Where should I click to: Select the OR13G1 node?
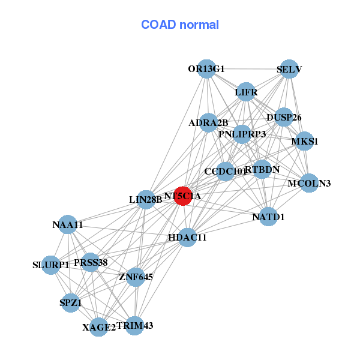coord(206,68)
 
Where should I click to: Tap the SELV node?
coord(289,69)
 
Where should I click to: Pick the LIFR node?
coord(245,92)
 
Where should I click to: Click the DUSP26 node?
coord(283,116)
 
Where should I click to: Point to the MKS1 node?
coord(304,142)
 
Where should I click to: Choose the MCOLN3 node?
coord(308,182)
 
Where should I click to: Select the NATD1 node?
coord(268,216)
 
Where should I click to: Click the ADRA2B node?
coord(209,123)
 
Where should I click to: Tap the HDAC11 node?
coord(187,237)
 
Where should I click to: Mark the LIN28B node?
coord(146,199)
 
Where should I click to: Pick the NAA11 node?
coord(68,225)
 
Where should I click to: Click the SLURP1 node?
coord(51,265)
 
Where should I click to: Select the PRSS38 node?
coord(90,262)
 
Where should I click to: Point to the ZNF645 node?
coord(136,277)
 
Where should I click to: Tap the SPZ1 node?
coord(70,302)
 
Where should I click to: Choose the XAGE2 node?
coord(99,327)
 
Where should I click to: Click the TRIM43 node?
coord(134,325)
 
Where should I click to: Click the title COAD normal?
coord(179,25)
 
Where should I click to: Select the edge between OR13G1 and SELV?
coord(248,69)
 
